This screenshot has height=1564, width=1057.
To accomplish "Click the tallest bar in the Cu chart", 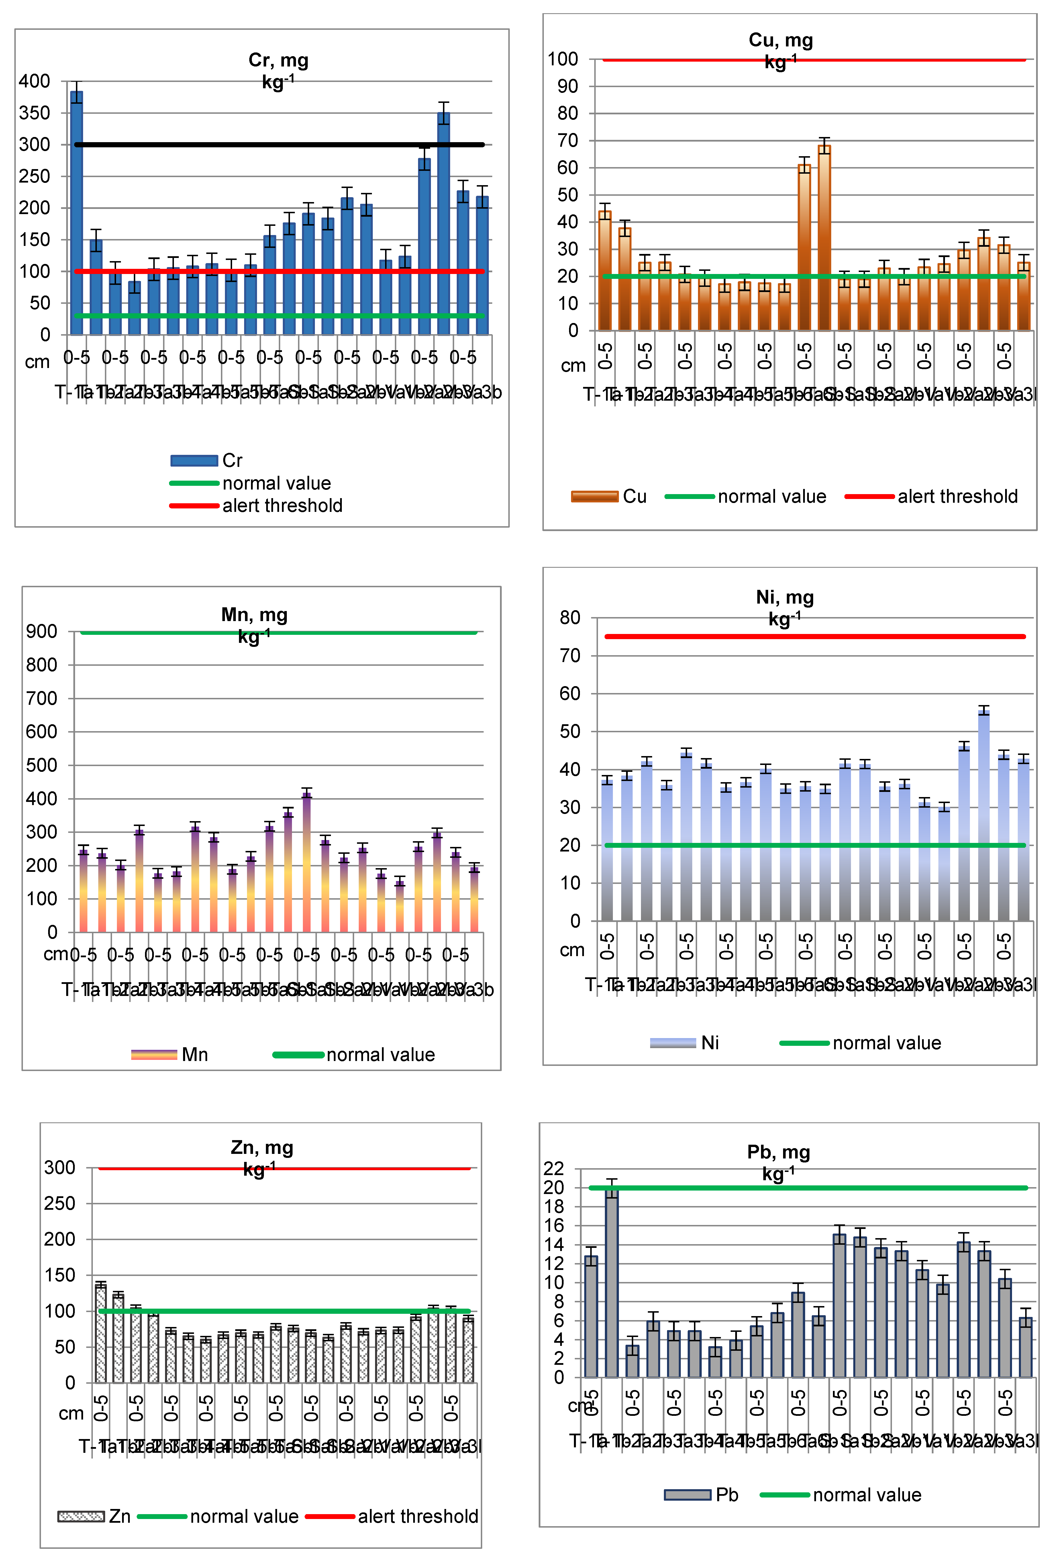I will (x=823, y=236).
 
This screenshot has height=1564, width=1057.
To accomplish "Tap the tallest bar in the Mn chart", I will (x=307, y=862).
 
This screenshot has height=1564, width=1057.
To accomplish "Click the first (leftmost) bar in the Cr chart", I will (x=77, y=212).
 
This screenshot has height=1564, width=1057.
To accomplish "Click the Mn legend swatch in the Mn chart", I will (x=153, y=1054).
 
